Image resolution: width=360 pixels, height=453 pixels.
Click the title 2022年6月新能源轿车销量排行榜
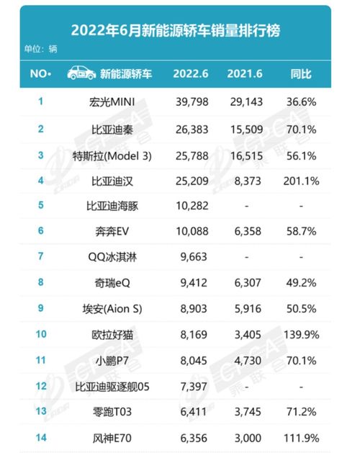175,31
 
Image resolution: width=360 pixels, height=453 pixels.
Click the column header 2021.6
246,73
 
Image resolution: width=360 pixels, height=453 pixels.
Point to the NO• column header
40,73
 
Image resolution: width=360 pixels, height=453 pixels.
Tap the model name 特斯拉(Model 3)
117,156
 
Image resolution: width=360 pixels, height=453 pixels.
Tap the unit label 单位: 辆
40,50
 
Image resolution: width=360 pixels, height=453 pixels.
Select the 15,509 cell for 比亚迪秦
246,128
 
